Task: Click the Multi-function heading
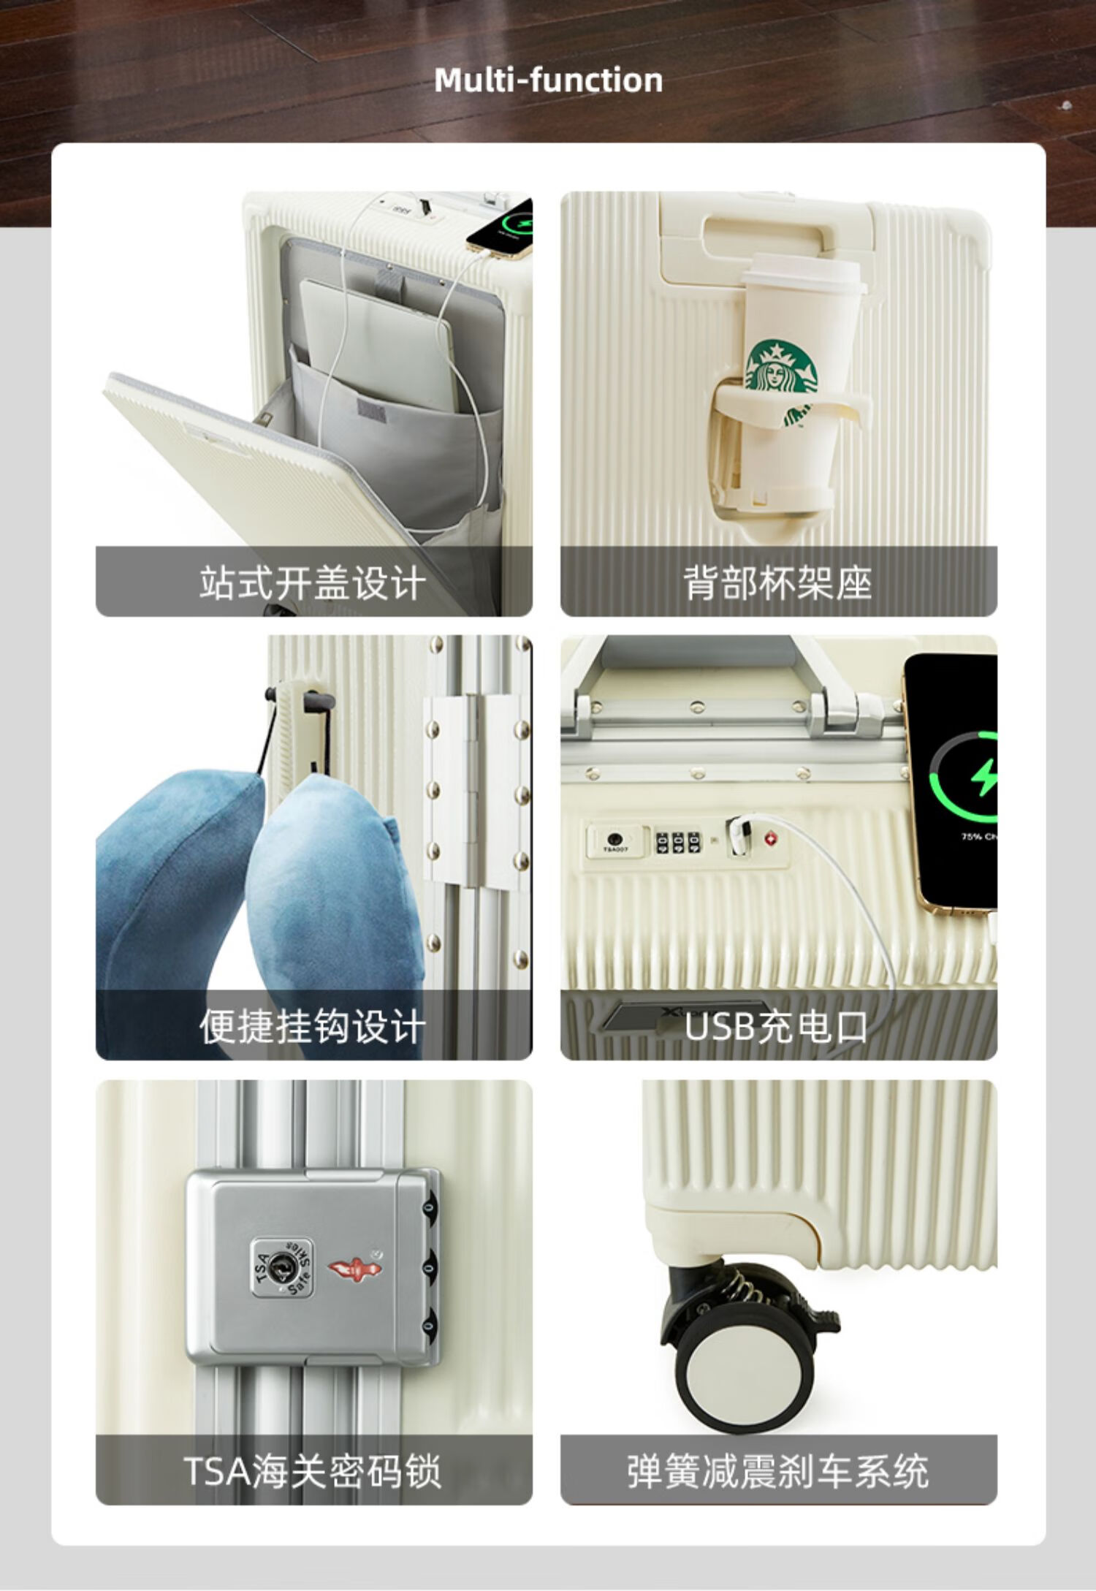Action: coord(548,80)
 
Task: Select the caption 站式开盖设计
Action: coord(313,583)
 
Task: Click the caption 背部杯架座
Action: coord(778,583)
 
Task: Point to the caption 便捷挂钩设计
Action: coord(313,1027)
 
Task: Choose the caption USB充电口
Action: coord(777,1027)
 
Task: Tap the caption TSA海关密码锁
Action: coord(313,1471)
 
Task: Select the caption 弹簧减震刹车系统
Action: coord(778,1471)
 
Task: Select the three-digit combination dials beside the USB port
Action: coord(677,843)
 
